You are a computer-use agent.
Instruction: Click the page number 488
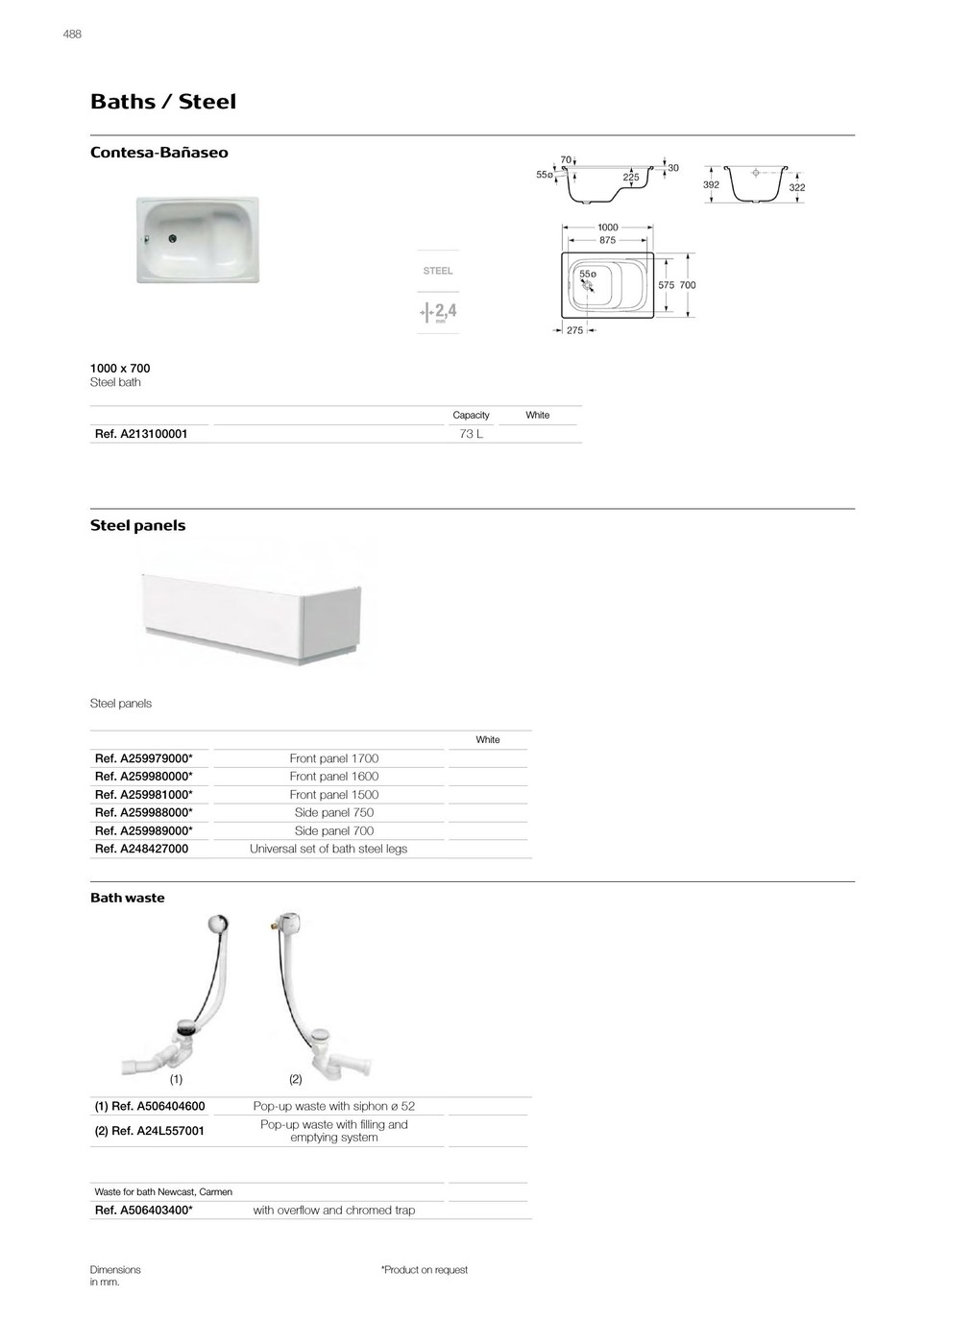pos(72,34)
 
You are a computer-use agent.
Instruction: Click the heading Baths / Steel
pos(162,102)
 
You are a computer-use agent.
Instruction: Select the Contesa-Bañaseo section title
pos(158,153)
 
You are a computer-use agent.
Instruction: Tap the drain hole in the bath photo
pos(173,240)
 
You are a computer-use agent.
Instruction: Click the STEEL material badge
pos(438,271)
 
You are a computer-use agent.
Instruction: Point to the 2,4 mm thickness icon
pos(439,312)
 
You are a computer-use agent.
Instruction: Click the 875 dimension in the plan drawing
pos(607,240)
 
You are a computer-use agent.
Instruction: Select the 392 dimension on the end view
pos(711,183)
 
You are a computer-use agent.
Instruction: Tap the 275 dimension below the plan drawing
pos(574,330)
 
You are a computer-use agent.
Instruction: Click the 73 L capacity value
pos(471,434)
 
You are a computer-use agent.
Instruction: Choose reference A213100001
pos(141,434)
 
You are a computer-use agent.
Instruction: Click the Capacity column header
pos(471,415)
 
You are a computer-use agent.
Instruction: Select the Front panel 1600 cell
pos(333,777)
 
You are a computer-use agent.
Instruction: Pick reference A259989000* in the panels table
pos(143,831)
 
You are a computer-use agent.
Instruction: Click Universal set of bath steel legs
pos(328,849)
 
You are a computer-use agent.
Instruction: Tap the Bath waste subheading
pos(127,898)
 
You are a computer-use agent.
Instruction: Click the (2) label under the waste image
pos(295,1079)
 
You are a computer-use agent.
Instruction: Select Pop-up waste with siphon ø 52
pos(333,1106)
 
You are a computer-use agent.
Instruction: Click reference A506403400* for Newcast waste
pos(143,1211)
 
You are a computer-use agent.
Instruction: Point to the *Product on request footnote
pos(424,1270)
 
